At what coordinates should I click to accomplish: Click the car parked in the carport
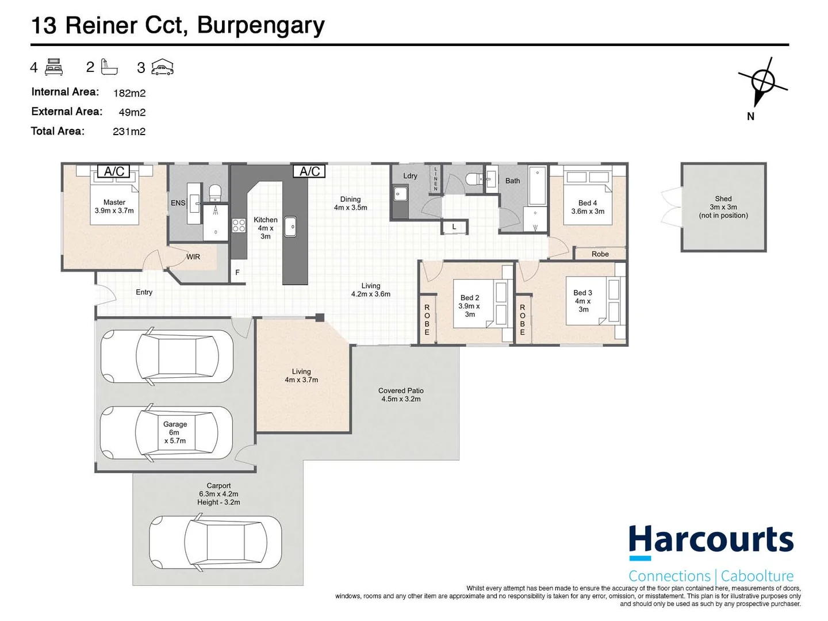(x=215, y=542)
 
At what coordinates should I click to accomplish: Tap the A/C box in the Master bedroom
(x=113, y=171)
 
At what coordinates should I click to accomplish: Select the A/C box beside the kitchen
(x=309, y=171)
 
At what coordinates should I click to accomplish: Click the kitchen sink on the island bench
(x=290, y=226)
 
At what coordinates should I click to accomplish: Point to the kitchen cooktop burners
(x=239, y=225)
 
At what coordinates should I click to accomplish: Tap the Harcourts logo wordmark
(x=711, y=539)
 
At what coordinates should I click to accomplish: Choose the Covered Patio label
(x=401, y=395)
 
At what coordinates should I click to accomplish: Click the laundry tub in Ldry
(x=400, y=194)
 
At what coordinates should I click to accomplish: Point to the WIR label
(x=193, y=257)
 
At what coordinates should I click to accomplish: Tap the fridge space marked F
(x=237, y=272)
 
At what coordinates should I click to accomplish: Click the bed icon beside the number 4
(x=53, y=67)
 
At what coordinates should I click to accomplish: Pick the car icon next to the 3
(x=162, y=67)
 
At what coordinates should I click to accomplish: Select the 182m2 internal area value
(x=129, y=93)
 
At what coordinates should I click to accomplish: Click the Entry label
(x=144, y=292)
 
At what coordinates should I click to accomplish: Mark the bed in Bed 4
(x=587, y=198)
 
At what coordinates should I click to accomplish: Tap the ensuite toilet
(x=216, y=192)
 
